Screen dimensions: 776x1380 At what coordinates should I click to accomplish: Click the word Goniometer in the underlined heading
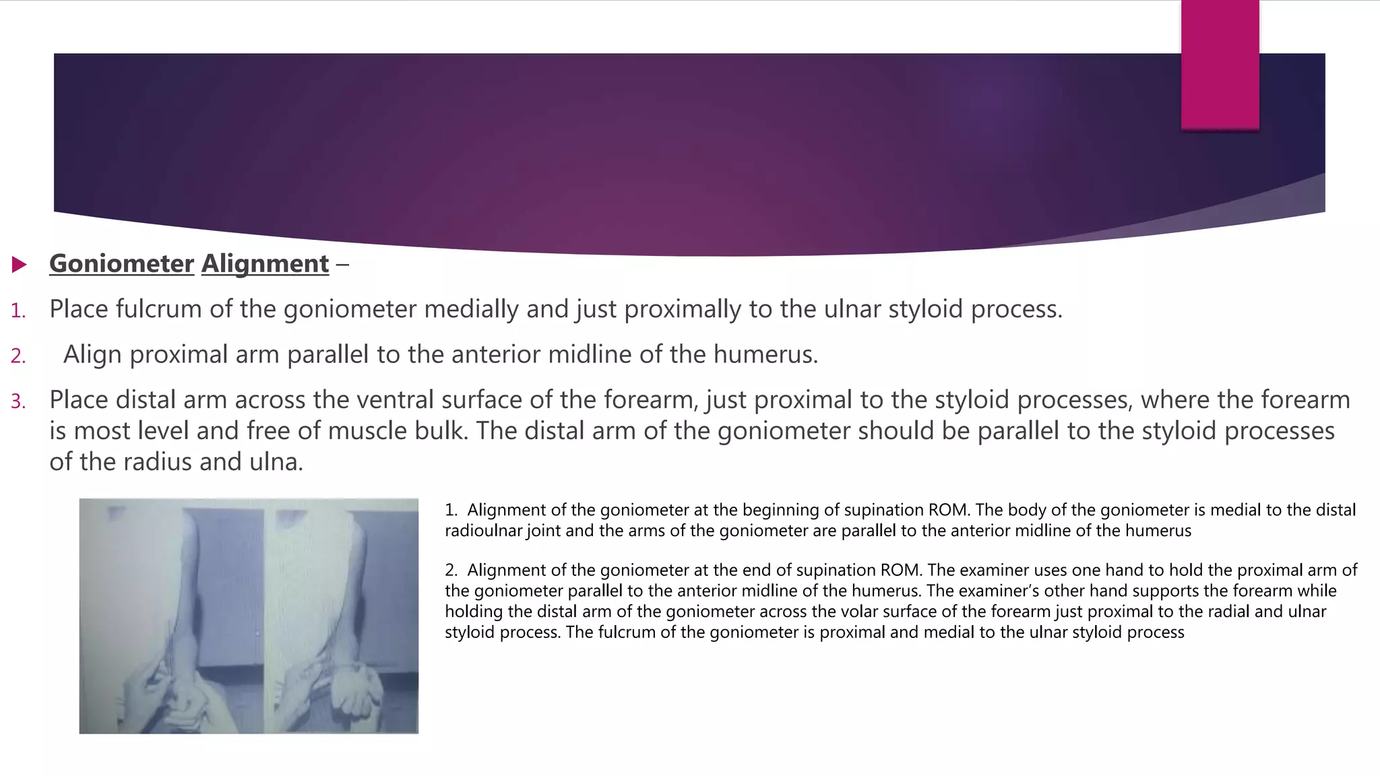pyautogui.click(x=121, y=263)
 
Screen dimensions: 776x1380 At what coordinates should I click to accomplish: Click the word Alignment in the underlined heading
pyautogui.click(x=265, y=263)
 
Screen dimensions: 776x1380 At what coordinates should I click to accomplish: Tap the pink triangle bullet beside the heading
pyautogui.click(x=19, y=264)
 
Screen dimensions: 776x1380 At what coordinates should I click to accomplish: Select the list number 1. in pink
pyautogui.click(x=18, y=311)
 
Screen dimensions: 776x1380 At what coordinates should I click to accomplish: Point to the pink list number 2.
pyautogui.click(x=18, y=356)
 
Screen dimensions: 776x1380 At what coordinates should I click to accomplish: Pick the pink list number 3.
pyautogui.click(x=18, y=401)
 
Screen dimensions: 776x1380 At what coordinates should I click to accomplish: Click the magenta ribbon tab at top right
pyautogui.click(x=1220, y=64)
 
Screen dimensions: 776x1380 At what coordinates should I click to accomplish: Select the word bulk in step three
pyautogui.click(x=441, y=431)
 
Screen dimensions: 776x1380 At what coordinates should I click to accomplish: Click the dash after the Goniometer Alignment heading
pyautogui.click(x=342, y=264)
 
